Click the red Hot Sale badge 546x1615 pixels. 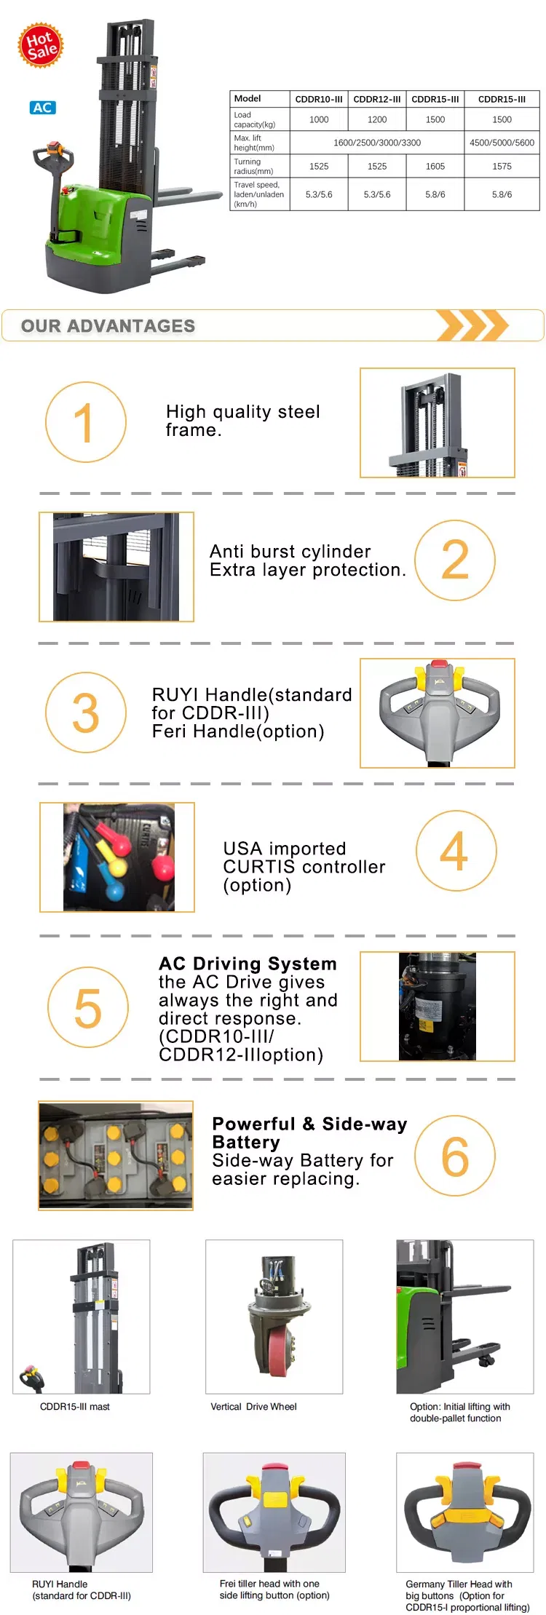click(41, 45)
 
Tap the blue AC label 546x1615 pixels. click(43, 108)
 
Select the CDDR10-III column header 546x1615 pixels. click(319, 99)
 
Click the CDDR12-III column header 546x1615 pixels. click(377, 99)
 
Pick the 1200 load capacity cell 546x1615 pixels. click(377, 119)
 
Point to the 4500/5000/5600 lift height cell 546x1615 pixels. click(502, 143)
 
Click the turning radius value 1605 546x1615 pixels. click(435, 166)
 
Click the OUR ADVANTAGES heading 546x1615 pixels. click(108, 326)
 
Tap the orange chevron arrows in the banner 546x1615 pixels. click(472, 325)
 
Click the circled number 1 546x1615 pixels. click(86, 422)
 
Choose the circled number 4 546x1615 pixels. click(456, 851)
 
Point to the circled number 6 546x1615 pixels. click(455, 1156)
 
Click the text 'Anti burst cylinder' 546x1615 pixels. click(290, 551)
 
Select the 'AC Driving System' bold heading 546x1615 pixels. click(248, 964)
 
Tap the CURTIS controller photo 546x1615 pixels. click(117, 857)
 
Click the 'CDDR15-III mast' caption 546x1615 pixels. click(75, 1407)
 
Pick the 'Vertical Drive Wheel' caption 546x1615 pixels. click(253, 1407)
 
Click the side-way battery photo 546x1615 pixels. click(116, 1156)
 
